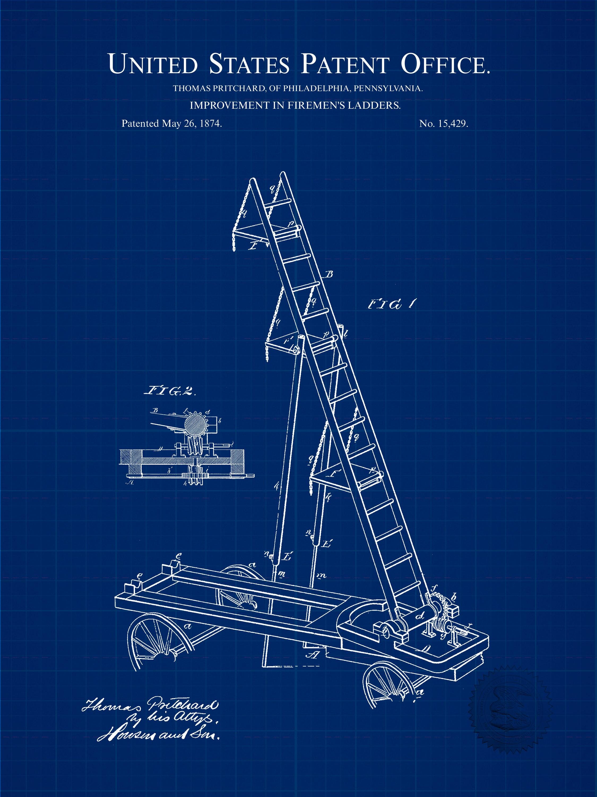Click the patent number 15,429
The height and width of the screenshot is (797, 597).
coord(453,124)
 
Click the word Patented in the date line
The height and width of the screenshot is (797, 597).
coord(140,124)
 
